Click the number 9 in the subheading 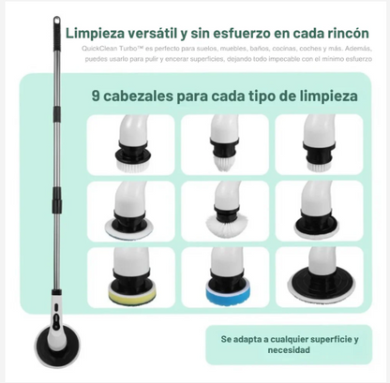click(97, 95)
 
